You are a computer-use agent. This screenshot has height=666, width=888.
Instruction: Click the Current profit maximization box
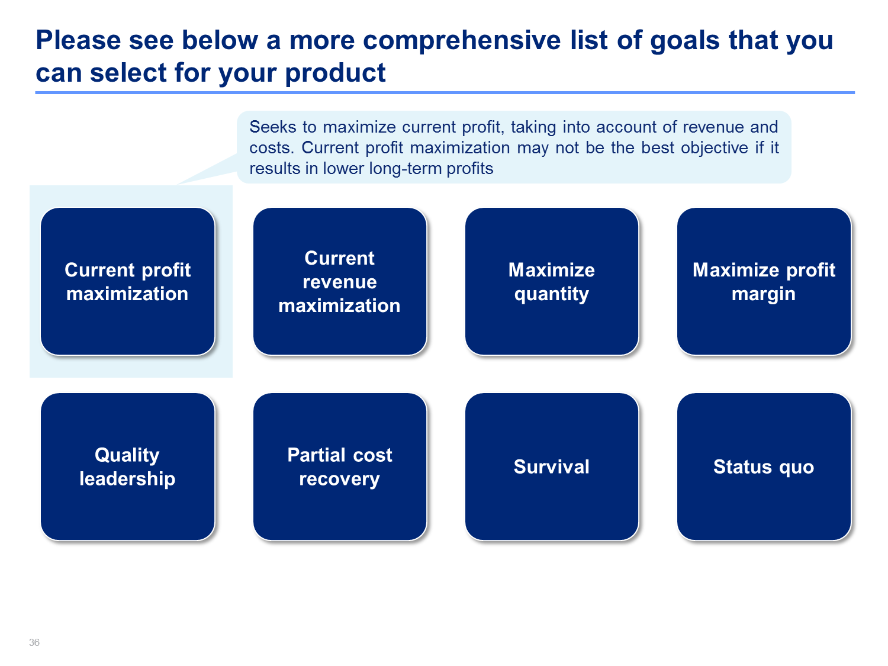pos(127,281)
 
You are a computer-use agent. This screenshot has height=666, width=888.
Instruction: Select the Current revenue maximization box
pos(340,281)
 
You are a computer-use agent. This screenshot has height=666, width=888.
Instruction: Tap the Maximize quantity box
pos(552,281)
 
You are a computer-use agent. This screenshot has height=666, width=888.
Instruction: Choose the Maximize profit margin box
pos(764,281)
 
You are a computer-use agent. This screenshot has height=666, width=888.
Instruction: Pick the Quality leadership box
pos(127,466)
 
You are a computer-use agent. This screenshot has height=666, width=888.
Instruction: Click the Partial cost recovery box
pos(340,466)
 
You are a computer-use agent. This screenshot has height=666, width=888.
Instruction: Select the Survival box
pos(552,466)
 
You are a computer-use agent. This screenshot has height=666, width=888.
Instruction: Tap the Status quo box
pos(764,466)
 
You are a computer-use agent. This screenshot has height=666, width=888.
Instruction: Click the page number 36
pos(34,642)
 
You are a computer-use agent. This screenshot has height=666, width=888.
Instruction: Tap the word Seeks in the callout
pos(273,127)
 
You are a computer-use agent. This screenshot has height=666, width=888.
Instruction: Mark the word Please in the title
pos(78,40)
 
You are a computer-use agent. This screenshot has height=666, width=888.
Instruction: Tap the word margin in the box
pos(764,294)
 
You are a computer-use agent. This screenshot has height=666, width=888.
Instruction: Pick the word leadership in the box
pos(127,479)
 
